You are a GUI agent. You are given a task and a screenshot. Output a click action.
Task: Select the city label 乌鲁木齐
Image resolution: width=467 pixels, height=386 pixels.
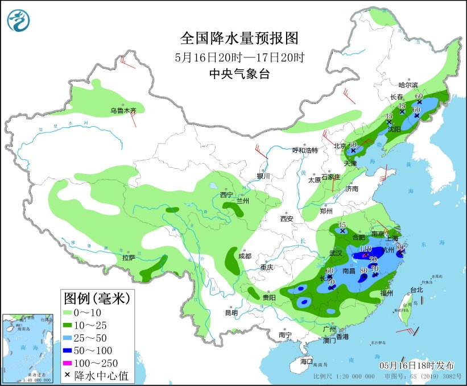tap(123, 110)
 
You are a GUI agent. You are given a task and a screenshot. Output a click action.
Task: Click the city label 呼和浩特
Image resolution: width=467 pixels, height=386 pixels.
tap(305, 150)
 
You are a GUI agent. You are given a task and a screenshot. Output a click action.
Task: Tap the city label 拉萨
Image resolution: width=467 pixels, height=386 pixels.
tap(128, 258)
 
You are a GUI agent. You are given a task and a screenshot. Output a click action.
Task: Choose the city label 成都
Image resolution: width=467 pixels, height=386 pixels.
tap(246, 256)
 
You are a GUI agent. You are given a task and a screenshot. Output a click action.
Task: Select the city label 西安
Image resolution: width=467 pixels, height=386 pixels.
tap(286, 218)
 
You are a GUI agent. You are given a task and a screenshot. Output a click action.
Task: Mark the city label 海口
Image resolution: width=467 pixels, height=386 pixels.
tap(307, 362)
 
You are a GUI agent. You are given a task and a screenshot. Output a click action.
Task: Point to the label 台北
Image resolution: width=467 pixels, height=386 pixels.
tap(416, 289)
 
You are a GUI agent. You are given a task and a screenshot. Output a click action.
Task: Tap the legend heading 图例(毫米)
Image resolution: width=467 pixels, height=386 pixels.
tap(97, 297)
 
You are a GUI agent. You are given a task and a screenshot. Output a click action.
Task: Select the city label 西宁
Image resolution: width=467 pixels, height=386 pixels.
tap(227, 195)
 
